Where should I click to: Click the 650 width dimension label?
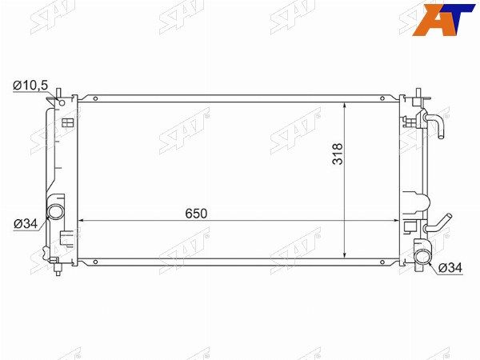[196, 214]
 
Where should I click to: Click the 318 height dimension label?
[338, 154]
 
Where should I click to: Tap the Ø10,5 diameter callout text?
[30, 86]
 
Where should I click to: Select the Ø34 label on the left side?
[26, 224]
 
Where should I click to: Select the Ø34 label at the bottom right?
[450, 268]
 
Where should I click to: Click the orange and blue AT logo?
[443, 19]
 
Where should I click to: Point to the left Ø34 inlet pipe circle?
[55, 211]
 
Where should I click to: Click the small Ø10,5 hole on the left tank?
[62, 103]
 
